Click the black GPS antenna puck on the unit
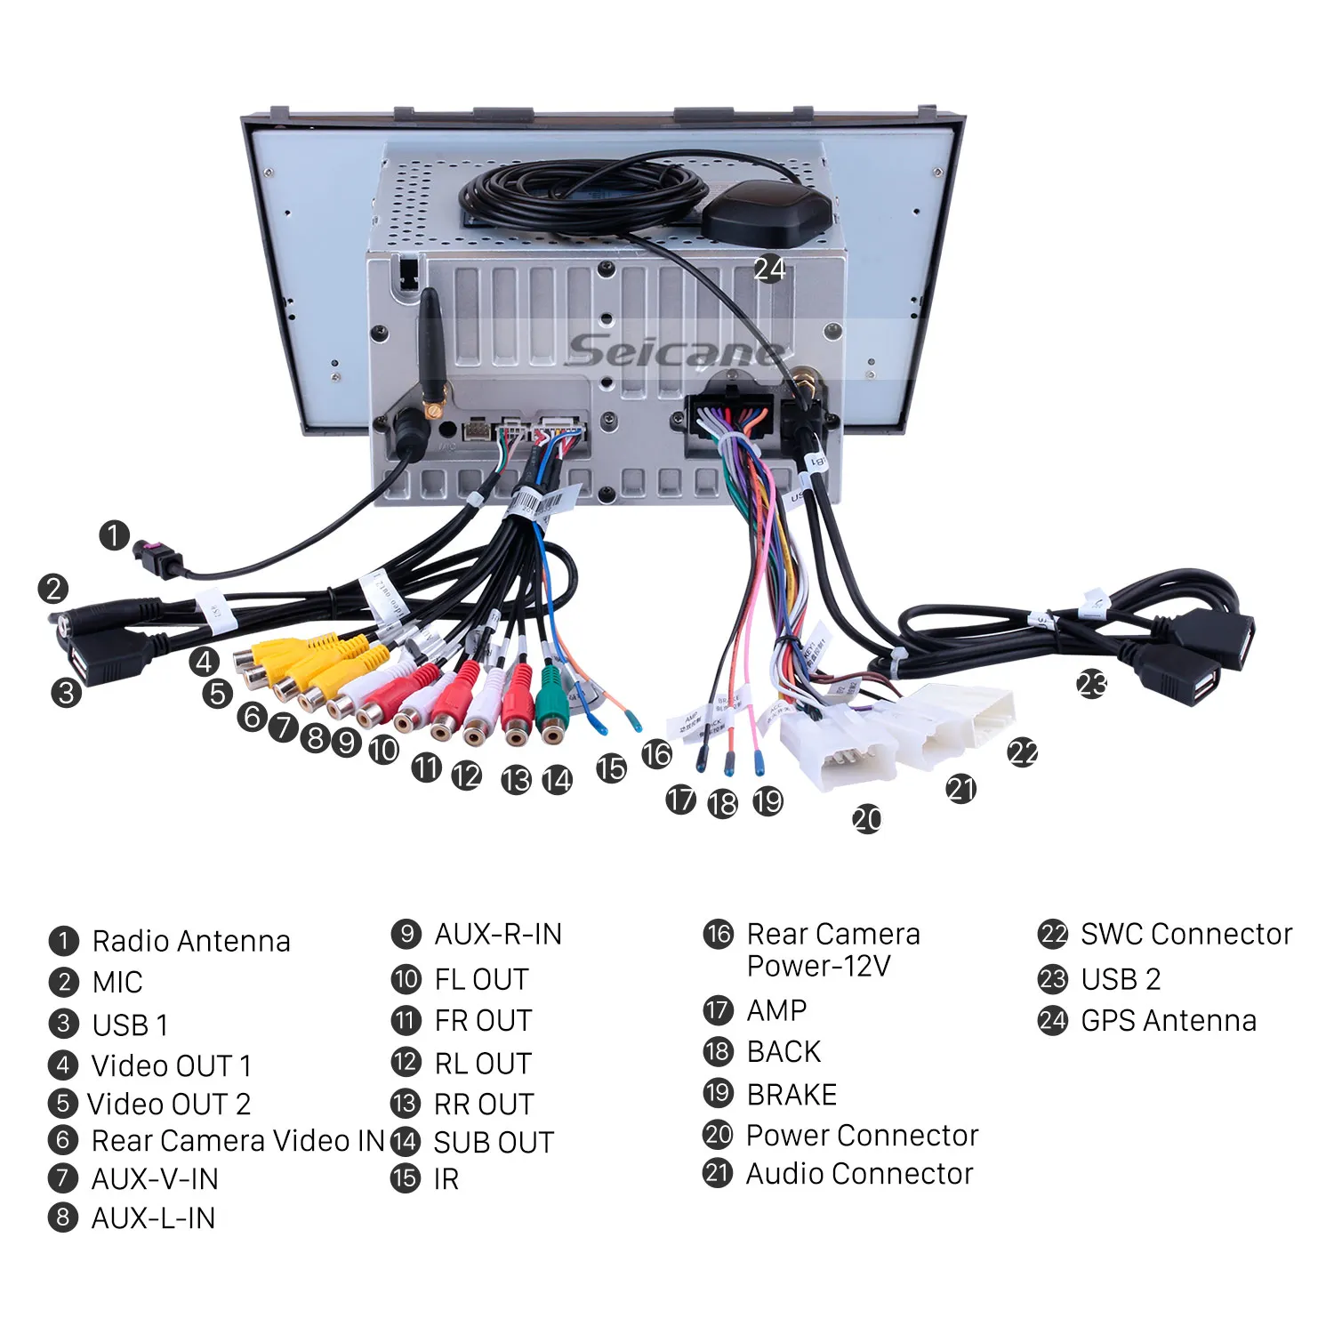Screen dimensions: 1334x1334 click(x=767, y=214)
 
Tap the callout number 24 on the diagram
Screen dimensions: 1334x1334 click(x=769, y=269)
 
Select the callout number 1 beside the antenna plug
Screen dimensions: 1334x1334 click(x=114, y=535)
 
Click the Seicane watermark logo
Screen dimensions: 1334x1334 click(x=676, y=350)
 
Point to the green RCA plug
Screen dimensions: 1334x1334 click(x=552, y=708)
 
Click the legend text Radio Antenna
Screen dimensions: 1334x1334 click(x=191, y=941)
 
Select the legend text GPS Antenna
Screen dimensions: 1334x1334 click(x=1169, y=1020)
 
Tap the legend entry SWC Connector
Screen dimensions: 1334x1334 click(x=1186, y=934)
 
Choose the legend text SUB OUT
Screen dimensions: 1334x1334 click(x=494, y=1142)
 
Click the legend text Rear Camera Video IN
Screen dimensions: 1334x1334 click(x=237, y=1140)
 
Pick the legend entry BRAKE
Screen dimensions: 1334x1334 click(x=792, y=1094)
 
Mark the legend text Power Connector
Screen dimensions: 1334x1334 click(x=862, y=1135)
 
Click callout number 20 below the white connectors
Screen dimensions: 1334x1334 click(x=867, y=818)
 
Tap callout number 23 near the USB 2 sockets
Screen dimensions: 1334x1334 click(x=1092, y=684)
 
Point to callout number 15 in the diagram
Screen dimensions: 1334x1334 click(x=611, y=768)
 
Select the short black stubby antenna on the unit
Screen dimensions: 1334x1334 click(x=431, y=351)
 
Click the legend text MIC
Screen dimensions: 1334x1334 click(x=117, y=982)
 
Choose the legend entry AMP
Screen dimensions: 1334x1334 click(x=776, y=1010)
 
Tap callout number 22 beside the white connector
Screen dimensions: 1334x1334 click(x=1023, y=753)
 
